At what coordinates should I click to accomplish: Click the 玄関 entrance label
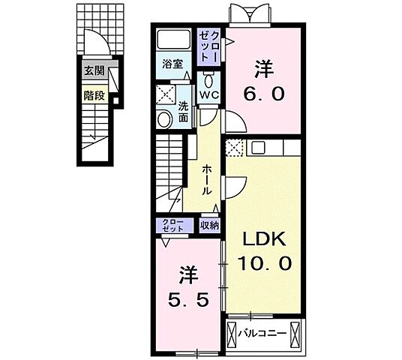pos(93,73)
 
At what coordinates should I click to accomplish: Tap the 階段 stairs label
pos(93,95)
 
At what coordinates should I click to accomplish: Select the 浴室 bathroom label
pos(173,64)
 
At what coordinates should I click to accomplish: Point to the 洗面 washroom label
pos(183,112)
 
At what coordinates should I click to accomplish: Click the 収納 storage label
pos(209,225)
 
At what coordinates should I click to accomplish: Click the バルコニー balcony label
pos(266,330)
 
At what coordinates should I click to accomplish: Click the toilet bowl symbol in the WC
pos(209,78)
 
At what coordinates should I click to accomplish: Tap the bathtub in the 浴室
pos(173,41)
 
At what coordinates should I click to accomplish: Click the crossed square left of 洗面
pos(165,94)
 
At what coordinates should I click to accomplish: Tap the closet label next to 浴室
pos(208,45)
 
